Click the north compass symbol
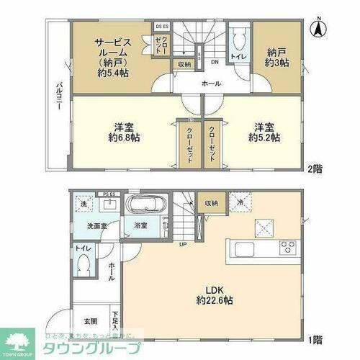pyautogui.click(x=317, y=30)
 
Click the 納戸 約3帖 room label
pyautogui.click(x=270, y=56)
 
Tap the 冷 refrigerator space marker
pyautogui.click(x=240, y=204)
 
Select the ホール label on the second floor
pyautogui.click(x=211, y=84)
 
